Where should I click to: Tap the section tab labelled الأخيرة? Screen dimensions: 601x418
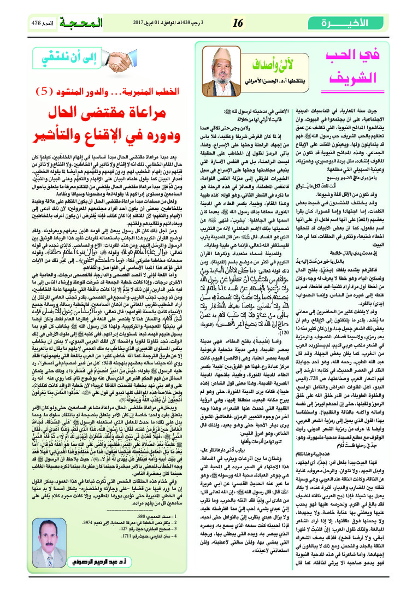360,22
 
